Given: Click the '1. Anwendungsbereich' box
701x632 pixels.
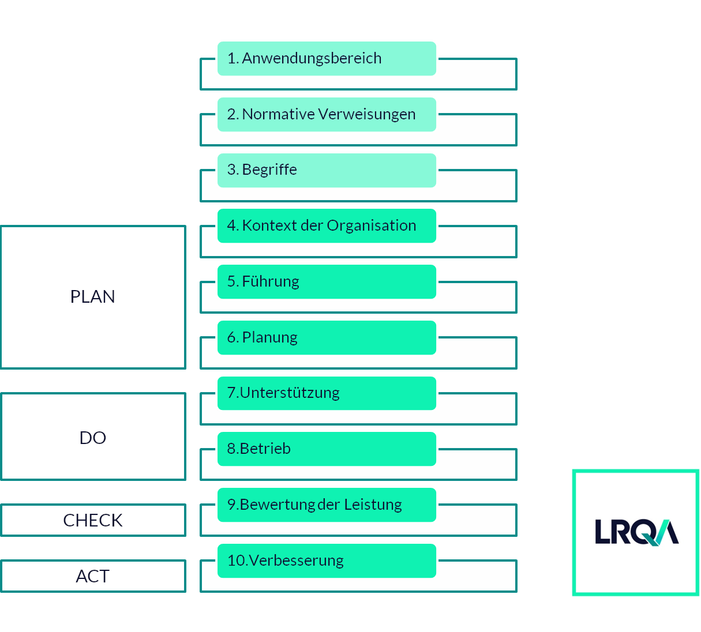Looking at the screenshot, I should coord(327,58).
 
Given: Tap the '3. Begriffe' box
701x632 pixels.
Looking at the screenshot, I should coord(327,170).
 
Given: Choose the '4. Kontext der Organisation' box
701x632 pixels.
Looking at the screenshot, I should coord(327,225).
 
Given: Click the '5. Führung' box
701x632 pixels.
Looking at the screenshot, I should coord(327,281).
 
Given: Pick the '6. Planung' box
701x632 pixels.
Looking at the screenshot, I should coord(327,337).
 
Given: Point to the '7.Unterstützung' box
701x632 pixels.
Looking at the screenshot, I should coord(327,393).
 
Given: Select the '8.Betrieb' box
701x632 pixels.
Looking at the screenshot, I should coord(327,449).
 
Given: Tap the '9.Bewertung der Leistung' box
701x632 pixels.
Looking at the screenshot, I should coord(327,505).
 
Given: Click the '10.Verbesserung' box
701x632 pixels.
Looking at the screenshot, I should coord(327,560).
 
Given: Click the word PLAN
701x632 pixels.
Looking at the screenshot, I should coord(92,296).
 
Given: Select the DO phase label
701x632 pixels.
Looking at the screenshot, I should coord(92,438).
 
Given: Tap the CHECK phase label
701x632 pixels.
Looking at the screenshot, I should coord(92,520).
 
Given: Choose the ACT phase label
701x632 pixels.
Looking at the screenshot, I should coord(92,576).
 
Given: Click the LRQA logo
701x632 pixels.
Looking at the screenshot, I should coord(636,532).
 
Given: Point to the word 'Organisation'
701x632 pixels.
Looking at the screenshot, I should coord(371,225).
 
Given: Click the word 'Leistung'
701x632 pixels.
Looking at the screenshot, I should coord(373,505).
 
